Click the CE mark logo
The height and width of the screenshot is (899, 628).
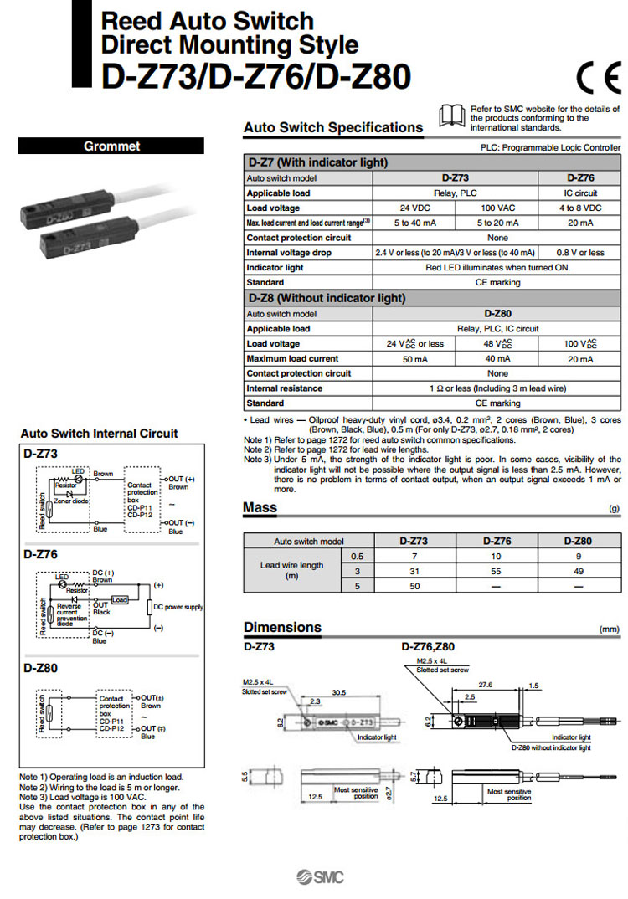(x=598, y=77)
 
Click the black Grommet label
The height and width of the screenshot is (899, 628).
(x=111, y=146)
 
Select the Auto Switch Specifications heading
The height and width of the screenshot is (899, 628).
(x=332, y=128)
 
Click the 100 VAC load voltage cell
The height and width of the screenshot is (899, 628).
(x=497, y=208)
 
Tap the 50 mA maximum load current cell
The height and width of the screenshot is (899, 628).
(x=414, y=359)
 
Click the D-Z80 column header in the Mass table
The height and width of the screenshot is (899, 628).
(x=578, y=541)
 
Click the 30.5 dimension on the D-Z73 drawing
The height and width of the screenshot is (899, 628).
(x=340, y=692)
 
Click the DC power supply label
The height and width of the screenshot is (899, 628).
(x=178, y=607)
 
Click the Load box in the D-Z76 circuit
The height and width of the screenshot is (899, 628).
(x=120, y=599)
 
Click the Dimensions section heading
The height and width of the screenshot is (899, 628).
(x=282, y=628)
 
